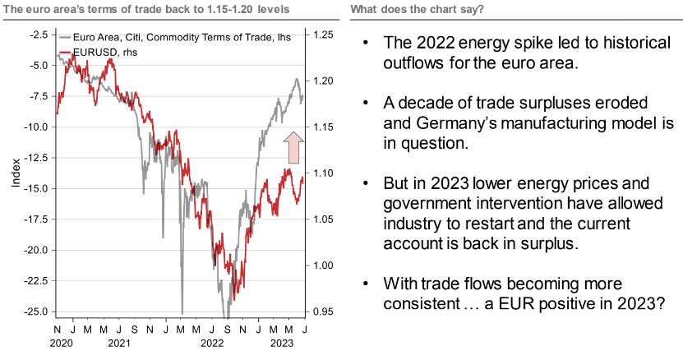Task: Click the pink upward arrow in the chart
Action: click(x=293, y=148)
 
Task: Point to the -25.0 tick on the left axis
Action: click(x=38, y=312)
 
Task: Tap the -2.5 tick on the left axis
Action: click(x=39, y=35)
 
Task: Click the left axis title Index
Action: click(x=15, y=173)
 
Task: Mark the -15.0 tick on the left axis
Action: click(x=38, y=188)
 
